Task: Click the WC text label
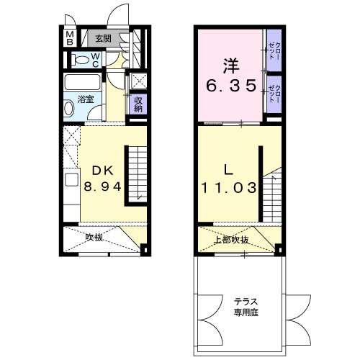[94, 61]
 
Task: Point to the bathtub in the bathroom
[85, 81]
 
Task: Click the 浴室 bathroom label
[85, 99]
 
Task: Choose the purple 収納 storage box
[136, 104]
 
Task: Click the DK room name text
[100, 171]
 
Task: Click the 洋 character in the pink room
[229, 64]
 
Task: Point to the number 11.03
[228, 188]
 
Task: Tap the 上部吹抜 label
[232, 240]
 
